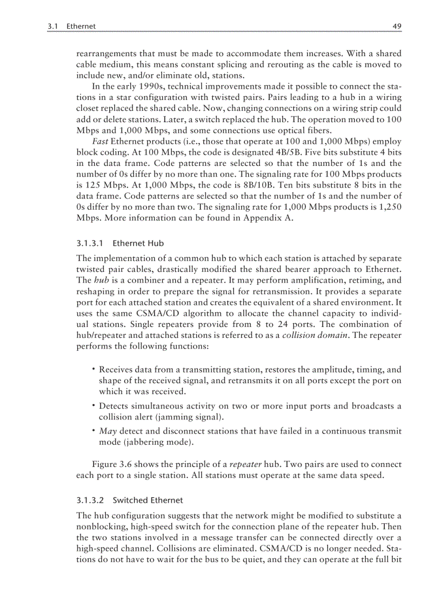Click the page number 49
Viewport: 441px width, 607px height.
coord(397,25)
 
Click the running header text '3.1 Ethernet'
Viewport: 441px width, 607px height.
coord(72,25)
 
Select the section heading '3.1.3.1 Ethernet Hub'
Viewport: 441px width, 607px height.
coord(120,243)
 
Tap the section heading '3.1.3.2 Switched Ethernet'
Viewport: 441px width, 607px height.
coord(129,500)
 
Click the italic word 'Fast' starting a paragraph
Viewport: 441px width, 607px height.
coord(100,142)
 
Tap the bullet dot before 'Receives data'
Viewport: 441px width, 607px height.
coord(93,369)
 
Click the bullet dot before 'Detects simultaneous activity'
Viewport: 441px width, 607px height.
coord(93,405)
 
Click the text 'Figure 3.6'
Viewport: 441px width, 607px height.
coord(112,464)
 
